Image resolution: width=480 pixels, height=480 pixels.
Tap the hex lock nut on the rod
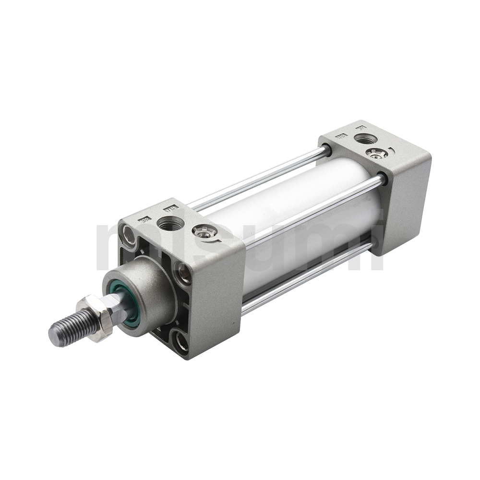(x=95, y=318)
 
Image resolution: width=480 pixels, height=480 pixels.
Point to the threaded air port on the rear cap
(x=365, y=139)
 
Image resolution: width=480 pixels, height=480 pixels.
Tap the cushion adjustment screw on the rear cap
(x=376, y=153)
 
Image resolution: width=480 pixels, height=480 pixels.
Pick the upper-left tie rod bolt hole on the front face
(x=129, y=235)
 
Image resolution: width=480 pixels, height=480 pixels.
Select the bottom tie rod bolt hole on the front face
(x=181, y=343)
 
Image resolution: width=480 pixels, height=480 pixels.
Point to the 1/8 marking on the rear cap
(x=342, y=137)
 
